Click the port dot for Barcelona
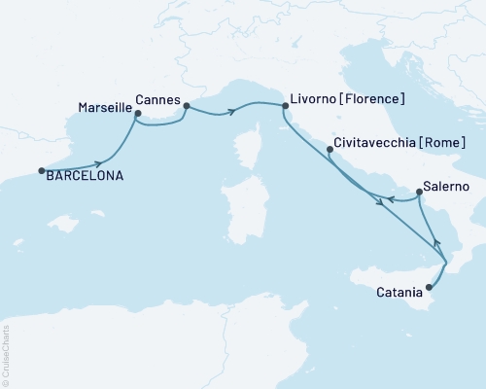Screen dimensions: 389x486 42,171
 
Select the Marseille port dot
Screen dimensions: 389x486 137,114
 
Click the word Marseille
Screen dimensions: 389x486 100,107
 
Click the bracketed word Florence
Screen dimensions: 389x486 373,99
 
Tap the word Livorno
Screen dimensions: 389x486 311,99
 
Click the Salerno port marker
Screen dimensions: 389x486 418,193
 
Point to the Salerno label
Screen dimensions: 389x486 448,186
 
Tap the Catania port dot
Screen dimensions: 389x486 429,287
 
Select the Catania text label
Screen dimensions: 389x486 399,291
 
